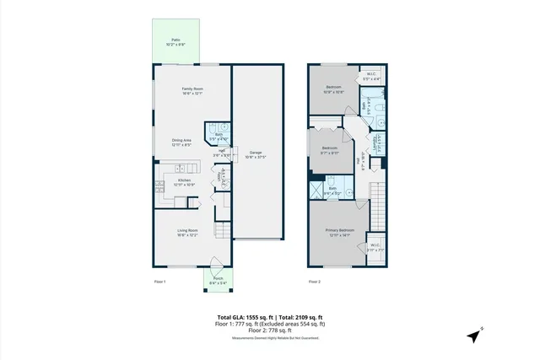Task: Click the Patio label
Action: click(x=175, y=40)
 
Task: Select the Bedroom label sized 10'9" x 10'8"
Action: click(x=334, y=89)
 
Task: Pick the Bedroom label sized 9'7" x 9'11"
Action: click(x=329, y=151)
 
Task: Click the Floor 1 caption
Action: click(x=159, y=281)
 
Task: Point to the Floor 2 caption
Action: click(x=315, y=281)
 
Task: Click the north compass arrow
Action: click(x=475, y=335)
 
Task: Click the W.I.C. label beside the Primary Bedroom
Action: click(x=375, y=248)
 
